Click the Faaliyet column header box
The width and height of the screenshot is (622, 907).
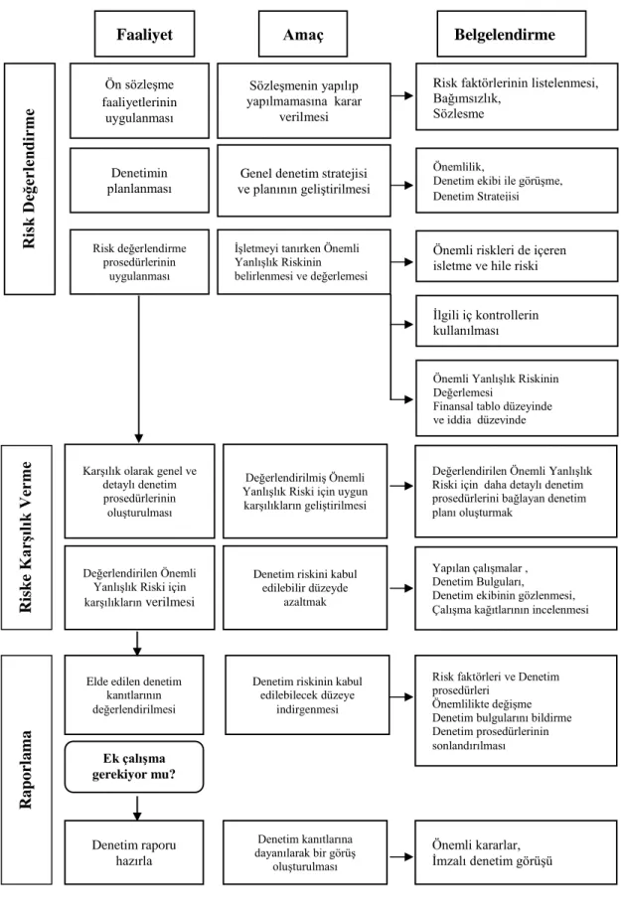click(x=145, y=34)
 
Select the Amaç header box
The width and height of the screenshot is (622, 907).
click(x=303, y=34)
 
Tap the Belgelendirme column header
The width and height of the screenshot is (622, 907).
click(x=505, y=34)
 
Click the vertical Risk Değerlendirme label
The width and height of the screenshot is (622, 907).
click(x=30, y=179)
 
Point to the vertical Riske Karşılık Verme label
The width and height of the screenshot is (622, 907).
click(x=27, y=537)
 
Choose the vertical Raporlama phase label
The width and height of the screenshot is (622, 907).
click(x=27, y=769)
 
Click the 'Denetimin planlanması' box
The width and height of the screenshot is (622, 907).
click(x=139, y=181)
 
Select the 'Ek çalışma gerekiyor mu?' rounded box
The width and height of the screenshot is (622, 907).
click(x=134, y=767)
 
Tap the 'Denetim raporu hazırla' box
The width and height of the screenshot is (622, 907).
click(x=134, y=852)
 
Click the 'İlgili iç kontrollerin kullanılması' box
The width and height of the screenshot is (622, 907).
click(x=517, y=322)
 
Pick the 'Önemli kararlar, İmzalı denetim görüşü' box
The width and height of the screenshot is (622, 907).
click(x=516, y=852)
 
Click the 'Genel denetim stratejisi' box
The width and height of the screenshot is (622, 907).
click(x=304, y=181)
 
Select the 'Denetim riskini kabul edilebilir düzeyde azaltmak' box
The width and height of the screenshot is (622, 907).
click(x=305, y=588)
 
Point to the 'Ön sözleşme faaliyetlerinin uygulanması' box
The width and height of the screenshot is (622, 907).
click(x=139, y=100)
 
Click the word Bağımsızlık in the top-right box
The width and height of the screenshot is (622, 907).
click(x=466, y=98)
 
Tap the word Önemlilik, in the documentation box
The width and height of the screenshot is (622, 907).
click(x=459, y=167)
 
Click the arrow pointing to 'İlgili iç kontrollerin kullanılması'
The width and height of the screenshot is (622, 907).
click(x=402, y=325)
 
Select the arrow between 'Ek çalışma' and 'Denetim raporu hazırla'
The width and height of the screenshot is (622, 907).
click(x=137, y=808)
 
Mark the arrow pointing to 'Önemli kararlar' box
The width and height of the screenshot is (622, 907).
click(x=402, y=856)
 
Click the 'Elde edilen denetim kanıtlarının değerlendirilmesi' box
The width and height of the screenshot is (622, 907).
click(x=134, y=694)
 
